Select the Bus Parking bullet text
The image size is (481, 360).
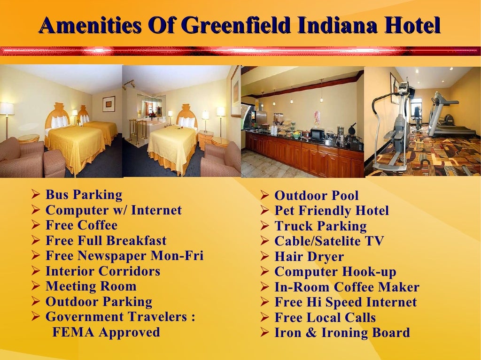[x=84, y=195]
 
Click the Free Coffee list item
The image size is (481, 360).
[x=81, y=225]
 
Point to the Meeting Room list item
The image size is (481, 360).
[x=91, y=286]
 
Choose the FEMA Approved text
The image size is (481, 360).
[x=106, y=332]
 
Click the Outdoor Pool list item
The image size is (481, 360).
[x=316, y=196]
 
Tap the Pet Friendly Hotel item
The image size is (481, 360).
[x=332, y=211]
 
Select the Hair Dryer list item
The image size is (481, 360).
[x=309, y=257]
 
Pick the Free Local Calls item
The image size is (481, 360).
[x=325, y=318]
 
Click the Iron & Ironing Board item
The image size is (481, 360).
[x=342, y=333]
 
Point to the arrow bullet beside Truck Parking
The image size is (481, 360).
[x=264, y=226]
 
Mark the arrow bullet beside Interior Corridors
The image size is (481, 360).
[x=35, y=271]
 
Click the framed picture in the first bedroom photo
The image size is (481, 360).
[x=109, y=103]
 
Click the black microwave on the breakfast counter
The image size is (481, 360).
[x=318, y=134]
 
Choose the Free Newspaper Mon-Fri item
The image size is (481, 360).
[x=124, y=256]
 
